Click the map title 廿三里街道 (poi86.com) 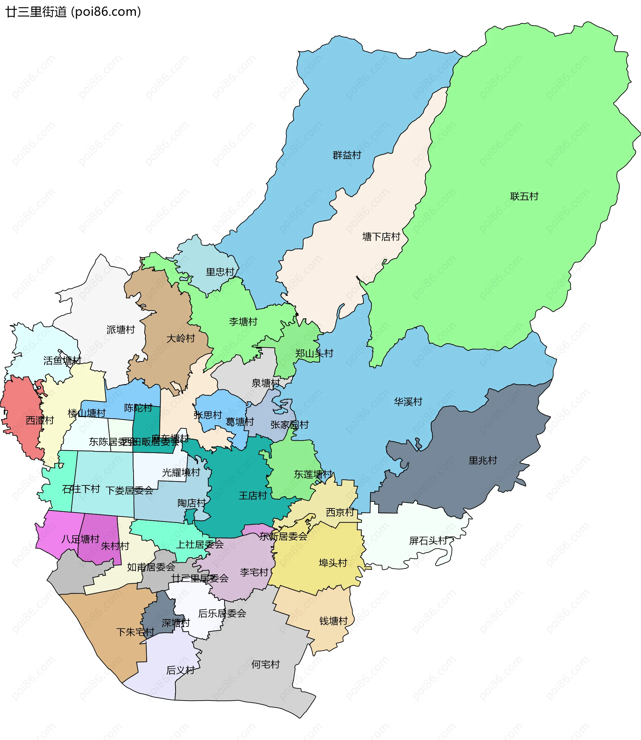point(73,12)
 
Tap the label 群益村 point(347,155)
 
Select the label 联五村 point(524,196)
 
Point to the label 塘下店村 point(381,237)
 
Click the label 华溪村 point(408,402)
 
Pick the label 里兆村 point(482,460)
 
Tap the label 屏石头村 point(428,541)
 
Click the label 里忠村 point(220,272)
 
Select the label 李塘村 point(243,321)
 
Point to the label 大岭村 point(181,338)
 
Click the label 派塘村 point(121,330)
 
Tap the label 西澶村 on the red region point(40,420)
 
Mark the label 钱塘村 point(334,621)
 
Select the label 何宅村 point(265,664)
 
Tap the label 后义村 point(180,670)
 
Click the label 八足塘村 point(80,539)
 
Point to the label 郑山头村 point(314,354)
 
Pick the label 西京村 point(340,512)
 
